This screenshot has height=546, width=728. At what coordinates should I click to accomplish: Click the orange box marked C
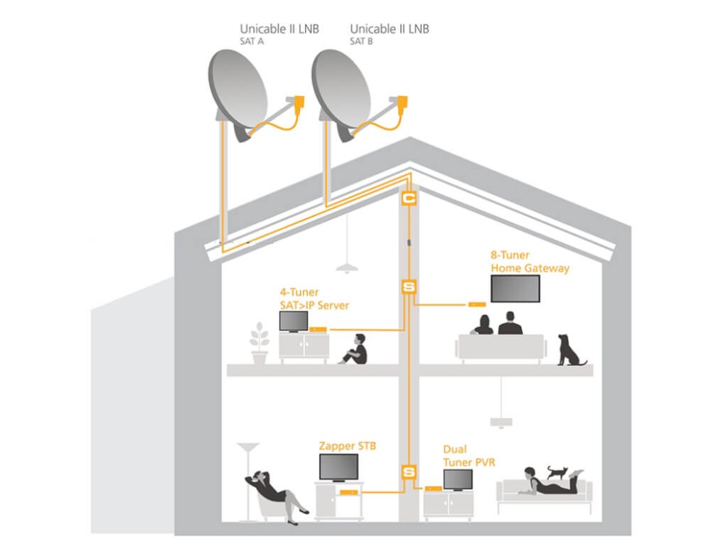click(x=409, y=199)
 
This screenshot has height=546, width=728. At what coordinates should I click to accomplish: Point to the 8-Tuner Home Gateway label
click(x=530, y=262)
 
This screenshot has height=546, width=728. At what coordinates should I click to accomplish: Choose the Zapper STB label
click(x=348, y=446)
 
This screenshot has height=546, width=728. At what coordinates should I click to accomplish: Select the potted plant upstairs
click(x=259, y=343)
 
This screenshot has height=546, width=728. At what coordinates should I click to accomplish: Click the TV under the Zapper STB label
click(x=338, y=467)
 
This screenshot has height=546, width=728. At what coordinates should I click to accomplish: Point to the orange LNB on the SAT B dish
click(x=402, y=103)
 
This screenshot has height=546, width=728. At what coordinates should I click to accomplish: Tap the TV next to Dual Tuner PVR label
click(x=458, y=480)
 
